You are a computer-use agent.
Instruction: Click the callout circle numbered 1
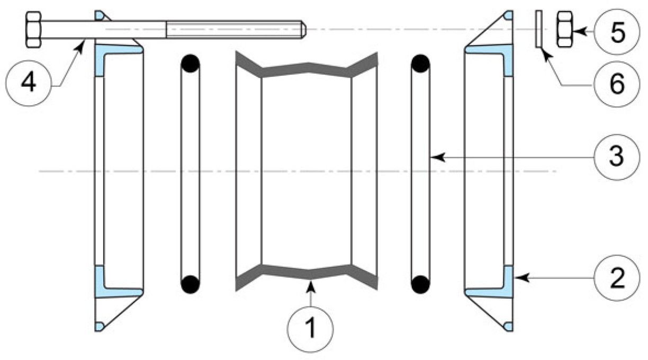coord(310,329)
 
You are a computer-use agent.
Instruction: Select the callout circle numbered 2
coord(617,278)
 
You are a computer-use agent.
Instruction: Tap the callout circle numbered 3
coord(617,157)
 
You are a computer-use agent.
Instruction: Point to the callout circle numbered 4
coord(29,83)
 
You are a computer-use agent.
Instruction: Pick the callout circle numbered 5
coord(617,32)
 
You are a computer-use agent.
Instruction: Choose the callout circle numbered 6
coord(617,84)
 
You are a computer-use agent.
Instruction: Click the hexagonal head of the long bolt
coord(33,29)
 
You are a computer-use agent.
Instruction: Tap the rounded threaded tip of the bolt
coord(303,29)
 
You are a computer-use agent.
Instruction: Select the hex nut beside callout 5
coord(564,29)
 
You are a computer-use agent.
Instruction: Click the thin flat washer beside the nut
coord(538,29)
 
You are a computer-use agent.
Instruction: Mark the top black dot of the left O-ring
coord(190,64)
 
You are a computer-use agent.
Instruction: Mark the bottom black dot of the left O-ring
coord(190,284)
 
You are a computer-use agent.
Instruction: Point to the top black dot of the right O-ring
coord(420,64)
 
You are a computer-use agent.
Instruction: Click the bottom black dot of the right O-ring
coord(420,284)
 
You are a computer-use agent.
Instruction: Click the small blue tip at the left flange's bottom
coord(99,327)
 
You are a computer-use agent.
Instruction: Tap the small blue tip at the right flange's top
coord(509,15)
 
